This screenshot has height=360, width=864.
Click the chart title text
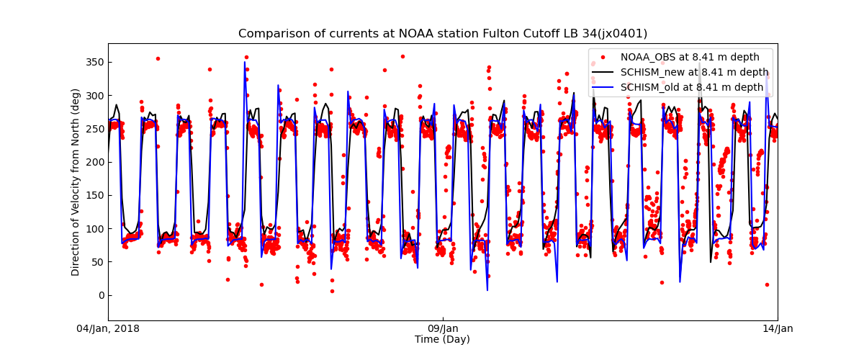click(x=443, y=34)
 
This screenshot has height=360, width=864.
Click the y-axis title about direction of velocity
click(x=76, y=182)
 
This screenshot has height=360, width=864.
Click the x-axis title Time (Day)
click(x=442, y=340)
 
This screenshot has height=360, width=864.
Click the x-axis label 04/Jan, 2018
click(x=108, y=329)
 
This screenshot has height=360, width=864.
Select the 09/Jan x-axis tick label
click(x=443, y=329)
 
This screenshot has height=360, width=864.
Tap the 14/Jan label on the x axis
click(x=778, y=329)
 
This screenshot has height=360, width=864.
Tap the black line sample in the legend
click(x=603, y=72)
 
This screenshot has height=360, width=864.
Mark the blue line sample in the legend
click(x=603, y=87)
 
